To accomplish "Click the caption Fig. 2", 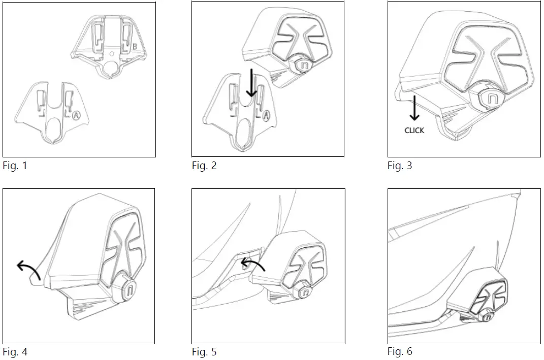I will pyautogui.click(x=204, y=166).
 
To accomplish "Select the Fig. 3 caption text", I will pyautogui.click(x=400, y=166).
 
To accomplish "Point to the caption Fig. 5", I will pyautogui.click(x=204, y=351).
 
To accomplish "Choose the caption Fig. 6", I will pyautogui.click(x=400, y=351).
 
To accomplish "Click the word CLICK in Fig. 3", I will pyautogui.click(x=414, y=130).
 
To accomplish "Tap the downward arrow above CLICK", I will pyautogui.click(x=414, y=107).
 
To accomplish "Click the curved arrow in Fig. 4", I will pyautogui.click(x=28, y=269).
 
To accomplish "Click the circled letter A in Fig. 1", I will pyautogui.click(x=76, y=115).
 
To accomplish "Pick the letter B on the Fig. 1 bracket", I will pyautogui.click(x=135, y=47).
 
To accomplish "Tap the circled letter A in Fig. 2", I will pyautogui.click(x=266, y=116).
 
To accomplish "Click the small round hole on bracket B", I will pyautogui.click(x=112, y=52).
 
